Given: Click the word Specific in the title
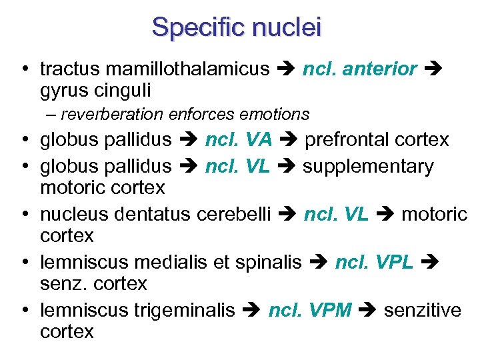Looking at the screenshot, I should click(x=193, y=27).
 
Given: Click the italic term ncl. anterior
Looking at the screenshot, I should click(x=360, y=69).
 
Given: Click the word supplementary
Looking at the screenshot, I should click(x=368, y=165).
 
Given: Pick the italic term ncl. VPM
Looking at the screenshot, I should click(x=309, y=311).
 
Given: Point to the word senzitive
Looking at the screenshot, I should click(x=423, y=311).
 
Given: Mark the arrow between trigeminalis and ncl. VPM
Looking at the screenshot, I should click(x=252, y=311).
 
